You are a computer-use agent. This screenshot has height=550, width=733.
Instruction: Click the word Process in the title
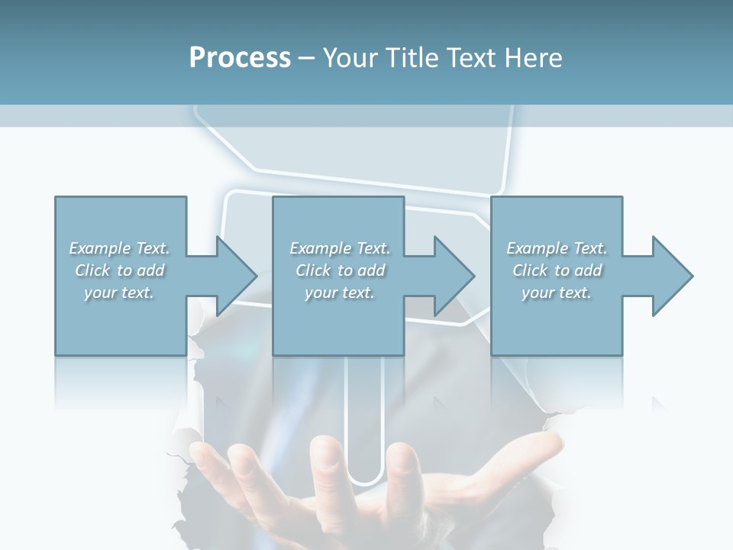tap(240, 58)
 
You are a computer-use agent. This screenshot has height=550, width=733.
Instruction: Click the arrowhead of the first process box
tap(236, 276)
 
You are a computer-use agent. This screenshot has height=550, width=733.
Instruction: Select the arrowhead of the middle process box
tap(454, 276)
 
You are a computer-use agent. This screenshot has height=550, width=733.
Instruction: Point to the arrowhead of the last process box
tap(672, 276)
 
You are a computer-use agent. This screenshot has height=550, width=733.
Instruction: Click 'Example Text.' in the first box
tap(119, 248)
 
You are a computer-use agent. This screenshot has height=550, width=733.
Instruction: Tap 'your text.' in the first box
tap(119, 293)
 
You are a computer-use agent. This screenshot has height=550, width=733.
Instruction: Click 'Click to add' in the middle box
tap(340, 270)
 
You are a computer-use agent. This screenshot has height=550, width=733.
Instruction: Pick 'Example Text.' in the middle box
tap(340, 248)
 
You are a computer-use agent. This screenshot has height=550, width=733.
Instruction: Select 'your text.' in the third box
tap(557, 293)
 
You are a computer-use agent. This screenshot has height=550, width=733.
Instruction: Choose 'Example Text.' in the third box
tap(557, 248)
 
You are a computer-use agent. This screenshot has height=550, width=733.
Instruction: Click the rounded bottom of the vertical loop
tap(365, 477)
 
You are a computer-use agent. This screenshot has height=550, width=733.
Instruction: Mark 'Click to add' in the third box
tap(557, 270)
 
